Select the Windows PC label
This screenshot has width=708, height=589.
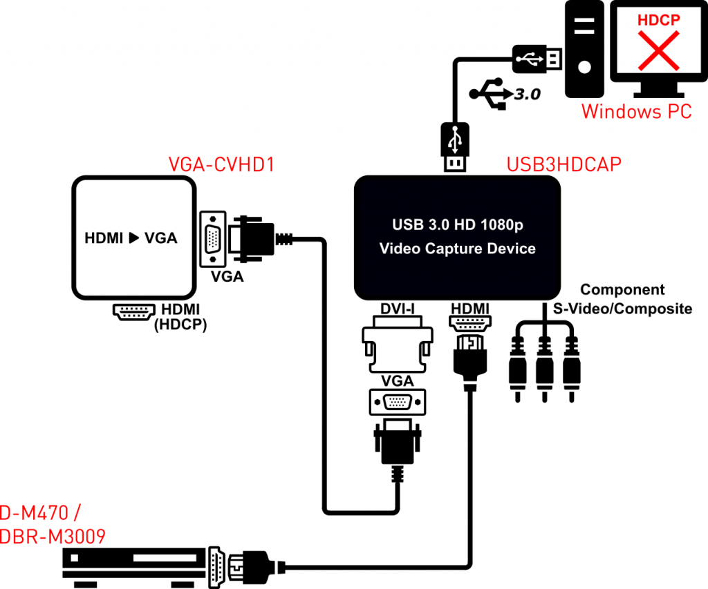[636, 110]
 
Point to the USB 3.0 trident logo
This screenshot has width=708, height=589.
[488, 94]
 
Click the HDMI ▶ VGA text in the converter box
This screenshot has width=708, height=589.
[131, 238]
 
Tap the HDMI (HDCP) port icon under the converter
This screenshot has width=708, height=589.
[133, 312]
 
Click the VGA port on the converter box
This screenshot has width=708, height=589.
[214, 238]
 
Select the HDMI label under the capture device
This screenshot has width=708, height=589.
[469, 308]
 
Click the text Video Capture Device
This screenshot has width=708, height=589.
[457, 249]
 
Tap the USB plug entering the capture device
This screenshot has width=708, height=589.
[454, 146]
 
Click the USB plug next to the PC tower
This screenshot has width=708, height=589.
[536, 59]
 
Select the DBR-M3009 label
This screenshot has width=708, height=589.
[53, 536]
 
